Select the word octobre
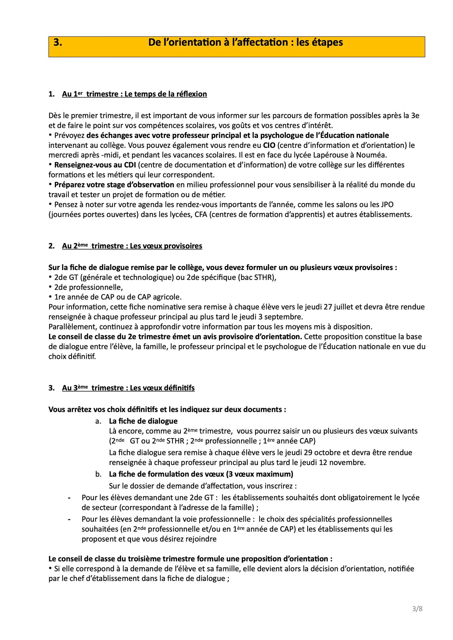[318, 452]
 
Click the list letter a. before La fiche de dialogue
[98, 421]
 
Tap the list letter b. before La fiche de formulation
[98, 474]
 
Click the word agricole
[168, 297]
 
